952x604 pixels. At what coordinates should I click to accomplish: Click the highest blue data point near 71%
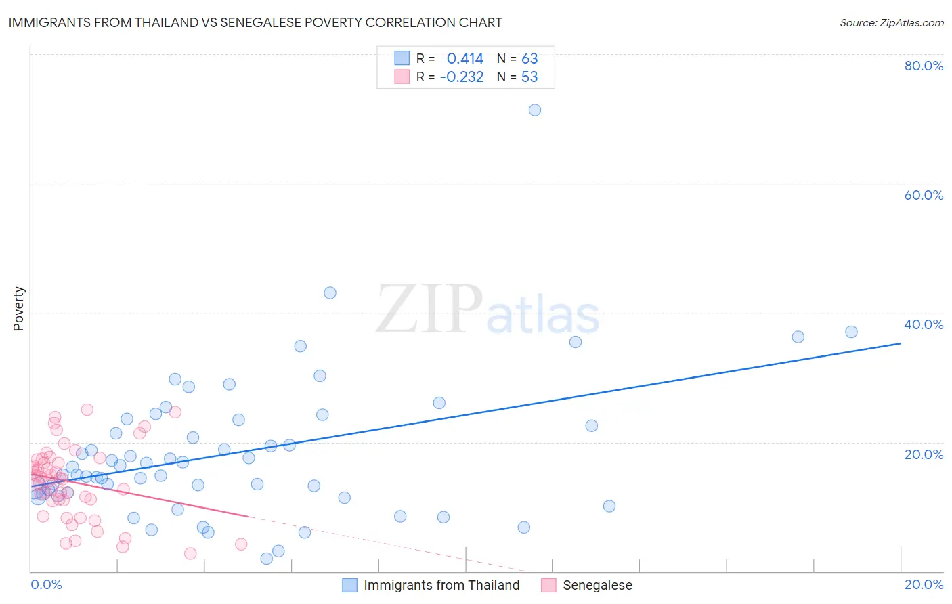[535, 110]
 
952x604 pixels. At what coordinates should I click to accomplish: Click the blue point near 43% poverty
[330, 293]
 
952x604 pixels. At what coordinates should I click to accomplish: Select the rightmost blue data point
[851, 332]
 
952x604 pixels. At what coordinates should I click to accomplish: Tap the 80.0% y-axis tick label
[924, 66]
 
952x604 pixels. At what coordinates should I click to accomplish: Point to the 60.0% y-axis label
[924, 195]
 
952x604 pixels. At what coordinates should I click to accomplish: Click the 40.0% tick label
[924, 324]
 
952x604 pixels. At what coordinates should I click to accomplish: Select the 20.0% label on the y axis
[924, 454]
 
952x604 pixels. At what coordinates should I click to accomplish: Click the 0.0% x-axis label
[46, 584]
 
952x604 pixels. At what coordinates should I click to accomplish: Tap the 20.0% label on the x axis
[924, 584]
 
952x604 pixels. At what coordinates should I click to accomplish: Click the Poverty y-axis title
[18, 309]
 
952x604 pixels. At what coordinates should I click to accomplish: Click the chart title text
[255, 22]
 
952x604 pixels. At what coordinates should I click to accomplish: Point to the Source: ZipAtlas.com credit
[891, 22]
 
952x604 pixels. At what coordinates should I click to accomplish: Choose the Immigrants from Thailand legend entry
[441, 585]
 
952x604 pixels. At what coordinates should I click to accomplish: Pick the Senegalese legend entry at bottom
[597, 585]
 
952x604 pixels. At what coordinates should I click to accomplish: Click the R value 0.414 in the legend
[464, 58]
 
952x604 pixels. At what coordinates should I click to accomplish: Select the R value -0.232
[462, 77]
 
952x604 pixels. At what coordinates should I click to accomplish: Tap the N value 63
[529, 58]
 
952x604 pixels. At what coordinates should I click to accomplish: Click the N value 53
[529, 77]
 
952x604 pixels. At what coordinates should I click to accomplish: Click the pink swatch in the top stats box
[402, 77]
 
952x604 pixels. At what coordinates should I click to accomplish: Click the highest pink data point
[87, 409]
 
